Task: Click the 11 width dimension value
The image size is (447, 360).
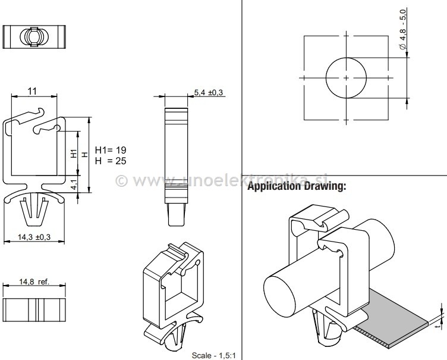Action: pos(33,90)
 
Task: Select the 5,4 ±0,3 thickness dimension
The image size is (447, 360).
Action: pos(208,92)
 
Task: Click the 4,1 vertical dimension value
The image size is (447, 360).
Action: pos(74,184)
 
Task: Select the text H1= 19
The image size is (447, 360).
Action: pos(111,150)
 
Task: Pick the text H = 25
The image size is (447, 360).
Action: pos(111,161)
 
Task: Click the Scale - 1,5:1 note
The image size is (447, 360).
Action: pos(214,356)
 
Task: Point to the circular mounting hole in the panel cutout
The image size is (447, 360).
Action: pos(346,78)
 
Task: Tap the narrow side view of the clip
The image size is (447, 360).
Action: pos(175,155)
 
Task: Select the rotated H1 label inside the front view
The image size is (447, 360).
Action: pos(74,154)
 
